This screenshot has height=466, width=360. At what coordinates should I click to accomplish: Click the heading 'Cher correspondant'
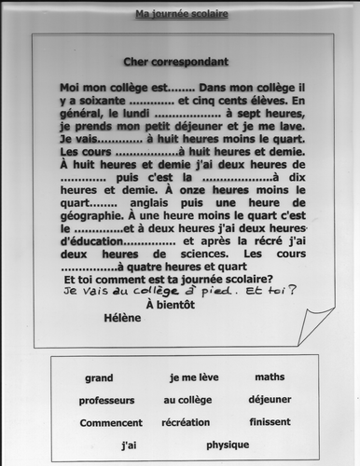pos(175,62)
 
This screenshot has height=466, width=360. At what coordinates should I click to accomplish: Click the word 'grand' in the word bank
pos(98,377)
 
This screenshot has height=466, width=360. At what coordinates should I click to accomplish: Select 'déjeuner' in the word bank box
pos(275,400)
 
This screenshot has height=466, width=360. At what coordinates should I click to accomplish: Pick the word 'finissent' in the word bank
pos(271,422)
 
